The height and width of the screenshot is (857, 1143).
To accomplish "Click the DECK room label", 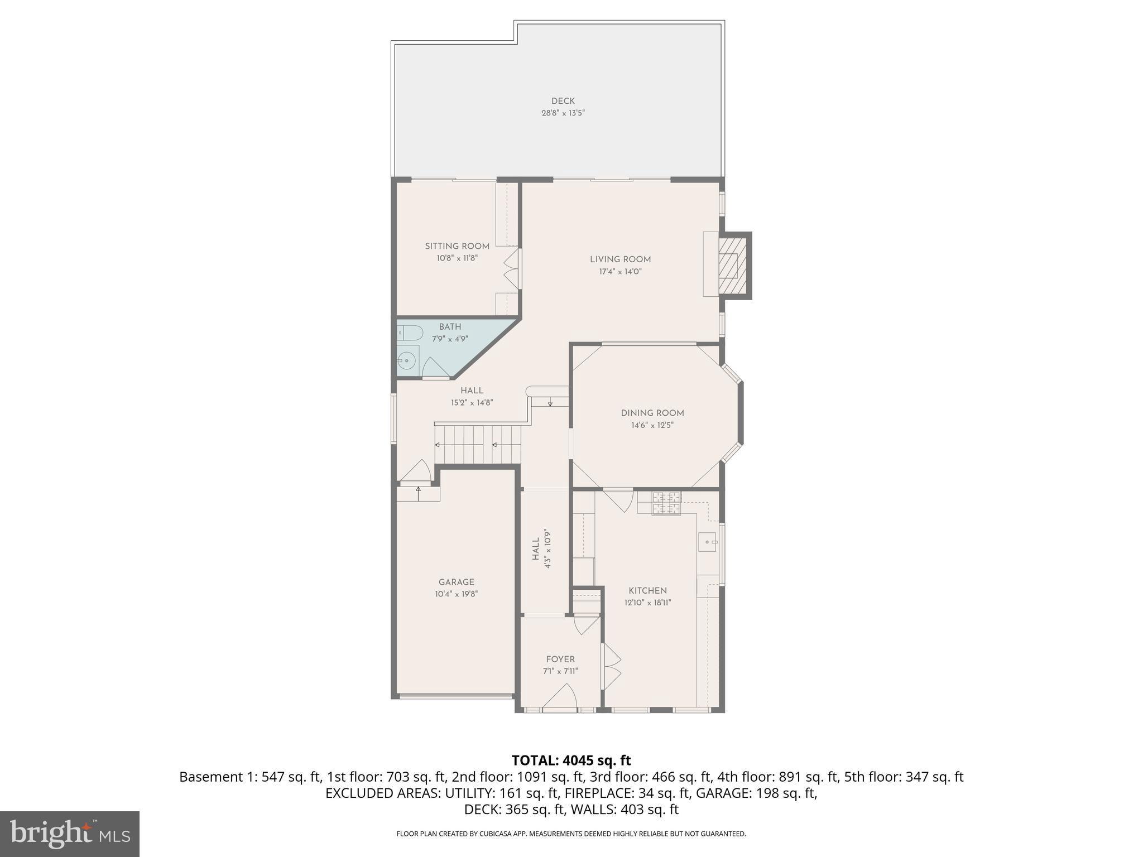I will [563, 101].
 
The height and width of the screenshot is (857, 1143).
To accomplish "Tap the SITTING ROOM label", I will [457, 246].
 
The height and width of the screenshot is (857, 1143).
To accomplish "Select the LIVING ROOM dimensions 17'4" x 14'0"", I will [620, 272].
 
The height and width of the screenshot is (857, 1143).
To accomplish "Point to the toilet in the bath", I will [409, 333].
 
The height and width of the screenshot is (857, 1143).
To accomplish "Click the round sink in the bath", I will [407, 361].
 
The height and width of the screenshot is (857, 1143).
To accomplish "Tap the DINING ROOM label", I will [652, 413].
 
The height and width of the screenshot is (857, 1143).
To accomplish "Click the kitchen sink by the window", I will [708, 542].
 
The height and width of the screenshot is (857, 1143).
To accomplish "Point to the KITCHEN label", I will [647, 590].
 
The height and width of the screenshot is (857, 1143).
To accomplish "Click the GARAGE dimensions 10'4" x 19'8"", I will [456, 594].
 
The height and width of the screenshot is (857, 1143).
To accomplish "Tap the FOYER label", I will [560, 659].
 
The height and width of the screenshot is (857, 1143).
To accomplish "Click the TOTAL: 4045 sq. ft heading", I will [571, 760].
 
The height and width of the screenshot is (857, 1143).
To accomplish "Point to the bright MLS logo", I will [70, 834].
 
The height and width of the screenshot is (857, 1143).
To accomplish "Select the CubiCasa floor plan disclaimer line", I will [571, 834].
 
